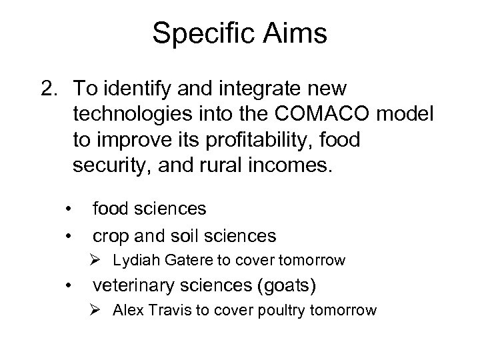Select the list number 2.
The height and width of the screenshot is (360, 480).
coord(49,88)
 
